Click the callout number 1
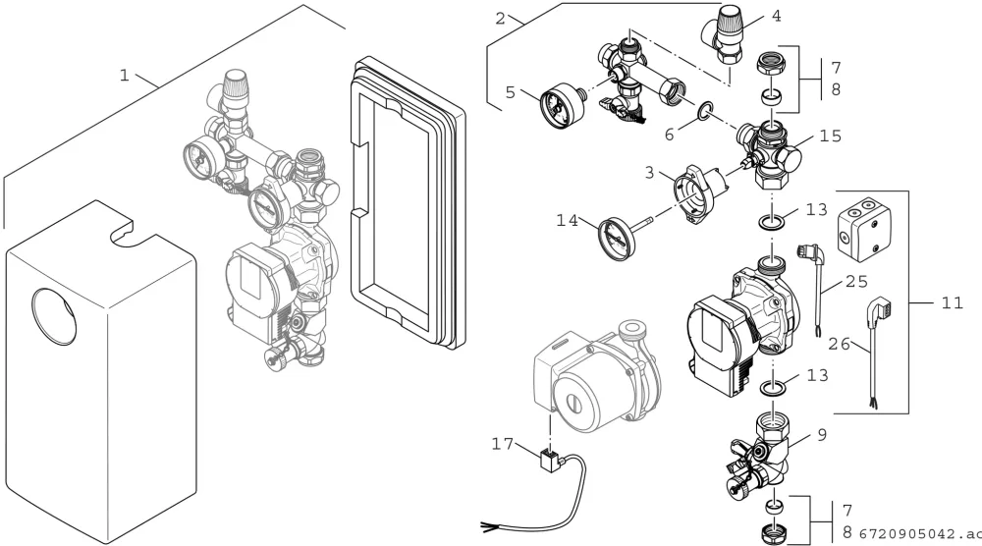click(x=124, y=76)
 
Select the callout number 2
click(x=500, y=18)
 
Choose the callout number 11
click(x=952, y=303)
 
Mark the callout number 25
click(x=856, y=281)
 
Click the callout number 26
click(x=840, y=344)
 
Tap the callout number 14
click(x=568, y=220)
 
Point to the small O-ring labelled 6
click(x=704, y=111)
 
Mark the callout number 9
click(x=822, y=435)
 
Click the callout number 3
click(x=649, y=172)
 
